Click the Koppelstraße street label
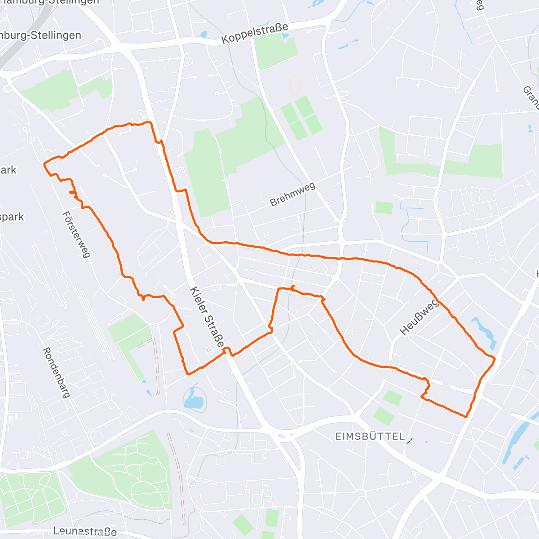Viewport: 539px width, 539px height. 255,34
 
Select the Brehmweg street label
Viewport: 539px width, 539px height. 293,194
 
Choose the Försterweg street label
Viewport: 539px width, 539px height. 76,234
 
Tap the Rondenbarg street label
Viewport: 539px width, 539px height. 57,372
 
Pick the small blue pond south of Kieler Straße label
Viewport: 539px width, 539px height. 194,398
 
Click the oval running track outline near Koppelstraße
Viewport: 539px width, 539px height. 295,85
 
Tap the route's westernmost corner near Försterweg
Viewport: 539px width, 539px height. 44,164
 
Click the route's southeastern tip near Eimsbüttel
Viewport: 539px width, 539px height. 466,416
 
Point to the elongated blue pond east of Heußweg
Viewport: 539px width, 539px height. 484,332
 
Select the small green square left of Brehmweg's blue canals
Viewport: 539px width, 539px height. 384,208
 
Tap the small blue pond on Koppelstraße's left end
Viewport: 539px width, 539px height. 204,34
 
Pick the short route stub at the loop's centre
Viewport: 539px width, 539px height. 292,287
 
